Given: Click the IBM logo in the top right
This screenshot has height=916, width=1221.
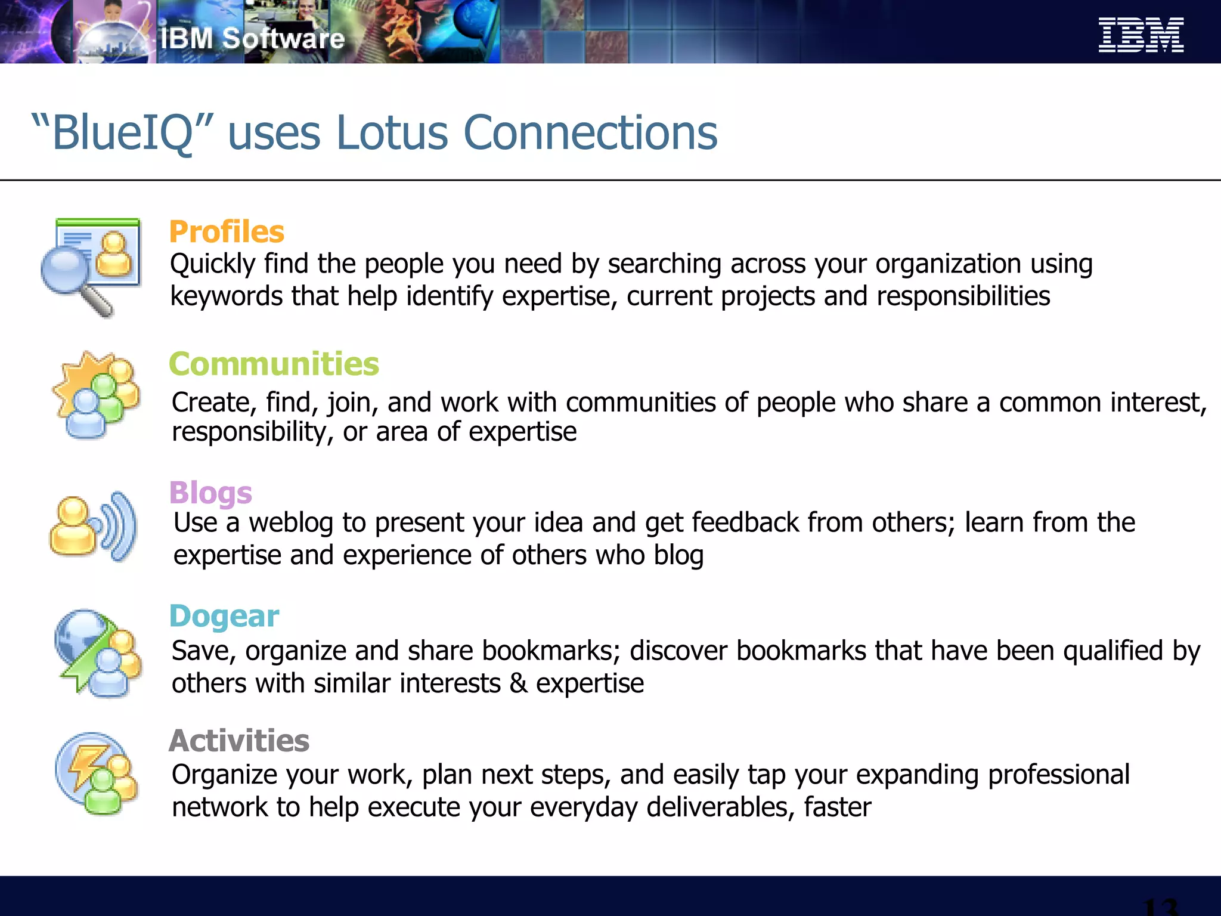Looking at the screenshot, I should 1141,35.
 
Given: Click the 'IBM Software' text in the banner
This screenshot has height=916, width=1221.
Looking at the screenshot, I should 252,39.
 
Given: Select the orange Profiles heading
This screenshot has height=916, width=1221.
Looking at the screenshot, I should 227,231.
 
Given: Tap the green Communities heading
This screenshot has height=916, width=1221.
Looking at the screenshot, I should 274,364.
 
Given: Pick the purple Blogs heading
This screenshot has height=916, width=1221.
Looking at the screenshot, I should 210,493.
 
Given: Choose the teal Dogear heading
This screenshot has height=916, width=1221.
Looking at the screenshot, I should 224,616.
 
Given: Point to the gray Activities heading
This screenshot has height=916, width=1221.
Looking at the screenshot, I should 239,741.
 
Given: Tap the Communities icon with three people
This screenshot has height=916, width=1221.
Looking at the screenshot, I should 97,395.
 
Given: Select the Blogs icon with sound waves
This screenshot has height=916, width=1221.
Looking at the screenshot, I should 94,526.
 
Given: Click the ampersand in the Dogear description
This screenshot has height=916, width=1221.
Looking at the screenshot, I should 518,683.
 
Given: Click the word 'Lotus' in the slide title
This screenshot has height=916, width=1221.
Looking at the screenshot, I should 392,133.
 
